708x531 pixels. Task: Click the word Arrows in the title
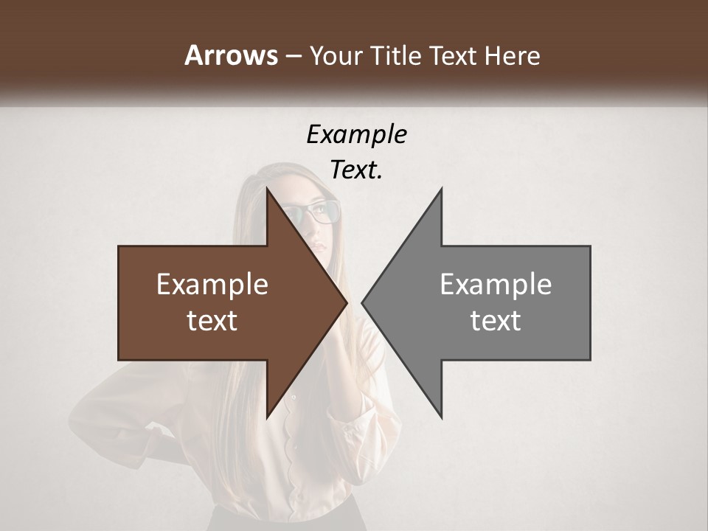[232, 55]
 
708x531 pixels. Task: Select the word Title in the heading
[400, 55]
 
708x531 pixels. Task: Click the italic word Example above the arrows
[356, 135]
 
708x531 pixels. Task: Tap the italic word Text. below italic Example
[356, 170]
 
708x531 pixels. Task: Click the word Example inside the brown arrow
[212, 285]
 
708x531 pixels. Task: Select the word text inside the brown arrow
[212, 321]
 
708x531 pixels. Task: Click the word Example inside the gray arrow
[496, 285]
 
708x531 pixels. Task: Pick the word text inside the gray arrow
[496, 321]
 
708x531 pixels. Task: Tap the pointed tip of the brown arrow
[345, 302]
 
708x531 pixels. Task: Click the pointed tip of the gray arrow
[364, 302]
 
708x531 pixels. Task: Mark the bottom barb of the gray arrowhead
[440, 415]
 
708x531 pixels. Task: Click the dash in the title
[293, 56]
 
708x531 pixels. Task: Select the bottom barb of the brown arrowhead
[268, 415]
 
